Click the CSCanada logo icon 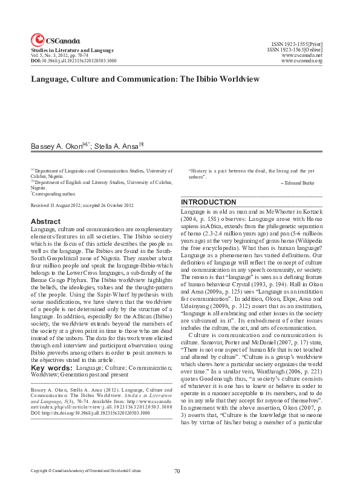(37, 38)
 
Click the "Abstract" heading (45, 222)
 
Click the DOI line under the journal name (74, 61)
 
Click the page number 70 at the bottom (177, 471)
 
